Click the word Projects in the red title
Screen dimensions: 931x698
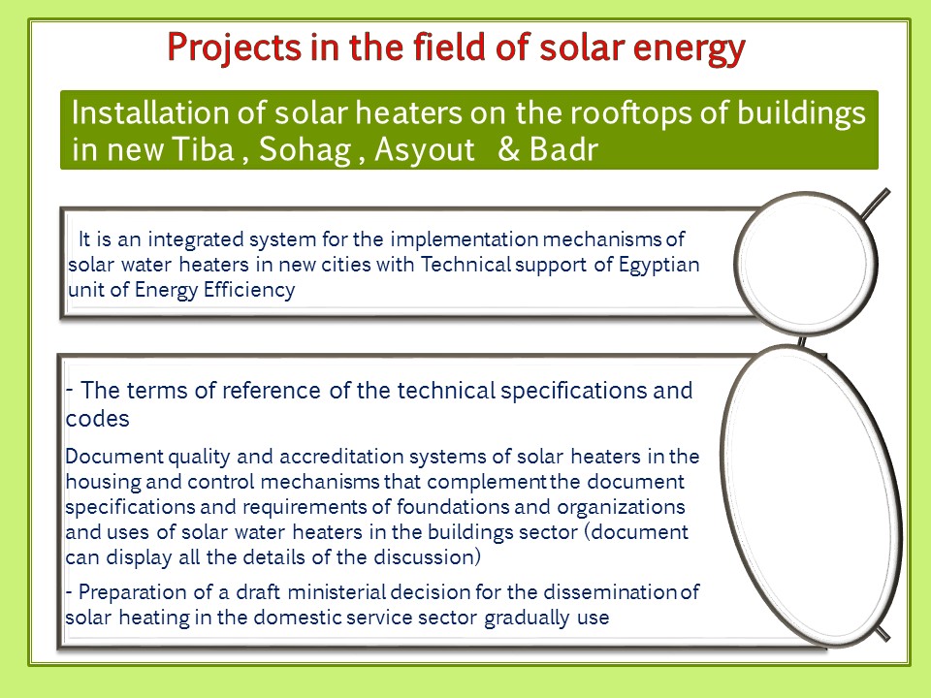pos(234,48)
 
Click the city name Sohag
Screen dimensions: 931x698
pos(305,150)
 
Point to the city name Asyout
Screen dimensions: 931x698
pos(425,150)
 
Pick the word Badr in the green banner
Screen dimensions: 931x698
pos(562,148)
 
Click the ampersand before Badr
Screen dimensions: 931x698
pos(509,149)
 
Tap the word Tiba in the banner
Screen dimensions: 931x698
pos(203,148)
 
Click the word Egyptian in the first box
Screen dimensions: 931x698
pos(659,266)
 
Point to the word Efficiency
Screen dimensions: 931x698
pos(249,290)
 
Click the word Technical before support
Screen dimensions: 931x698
pos(466,264)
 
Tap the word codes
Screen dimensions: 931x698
pos(97,419)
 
